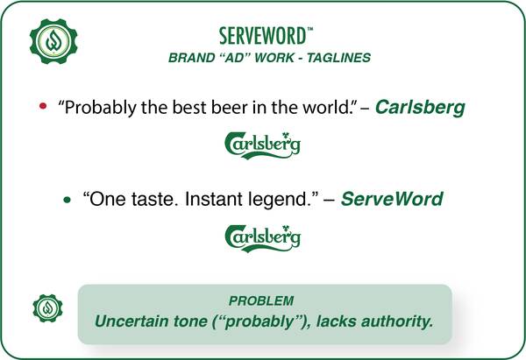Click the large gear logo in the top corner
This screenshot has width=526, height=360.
pyautogui.click(x=53, y=41)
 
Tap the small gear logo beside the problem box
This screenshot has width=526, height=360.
pyautogui.click(x=47, y=308)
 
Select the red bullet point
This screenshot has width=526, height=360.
pyautogui.click(x=43, y=106)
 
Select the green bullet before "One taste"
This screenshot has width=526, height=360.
pyautogui.click(x=68, y=200)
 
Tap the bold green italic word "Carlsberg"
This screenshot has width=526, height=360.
pyautogui.click(x=420, y=108)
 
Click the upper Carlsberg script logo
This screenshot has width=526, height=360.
pyautogui.click(x=262, y=145)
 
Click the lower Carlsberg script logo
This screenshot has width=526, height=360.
pyautogui.click(x=262, y=238)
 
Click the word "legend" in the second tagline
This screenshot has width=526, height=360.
pyautogui.click(x=278, y=200)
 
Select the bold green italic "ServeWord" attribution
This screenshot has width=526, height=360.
pyautogui.click(x=392, y=199)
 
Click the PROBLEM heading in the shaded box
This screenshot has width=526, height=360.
pyautogui.click(x=261, y=300)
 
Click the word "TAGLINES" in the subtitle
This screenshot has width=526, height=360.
pyautogui.click(x=338, y=58)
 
